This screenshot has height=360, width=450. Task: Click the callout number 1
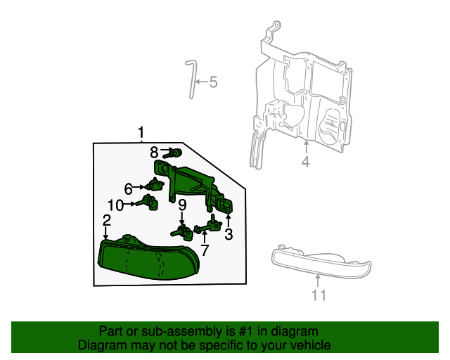tap(141, 132)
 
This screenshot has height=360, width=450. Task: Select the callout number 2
tap(106, 221)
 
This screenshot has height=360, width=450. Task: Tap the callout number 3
tap(229, 234)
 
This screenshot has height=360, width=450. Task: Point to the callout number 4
tap(306, 162)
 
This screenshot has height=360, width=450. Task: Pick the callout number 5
tap(213, 82)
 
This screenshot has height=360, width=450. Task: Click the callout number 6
tap(129, 188)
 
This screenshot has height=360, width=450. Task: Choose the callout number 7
tap(205, 250)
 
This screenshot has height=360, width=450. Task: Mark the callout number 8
tap(154, 151)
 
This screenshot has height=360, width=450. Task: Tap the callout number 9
tap(181, 205)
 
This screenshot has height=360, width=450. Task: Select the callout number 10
tap(115, 205)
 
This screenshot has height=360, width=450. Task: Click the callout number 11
tap(319, 295)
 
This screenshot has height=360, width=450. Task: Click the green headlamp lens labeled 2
tap(148, 260)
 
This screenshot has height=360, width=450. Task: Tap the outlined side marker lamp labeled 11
tap(320, 259)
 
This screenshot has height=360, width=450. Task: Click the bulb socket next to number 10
tap(149, 204)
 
